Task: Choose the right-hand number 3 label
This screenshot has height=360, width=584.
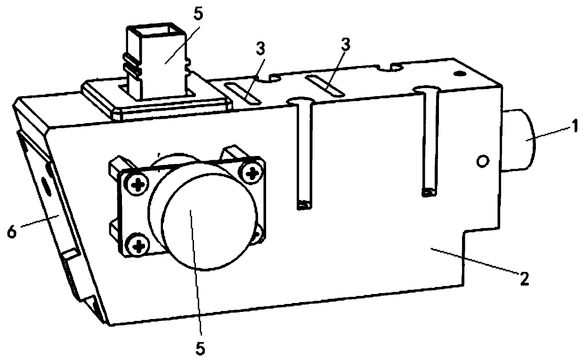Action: (x=346, y=45)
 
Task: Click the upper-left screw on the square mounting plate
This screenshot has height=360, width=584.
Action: (x=138, y=186)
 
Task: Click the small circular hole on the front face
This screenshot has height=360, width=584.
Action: (x=481, y=162)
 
